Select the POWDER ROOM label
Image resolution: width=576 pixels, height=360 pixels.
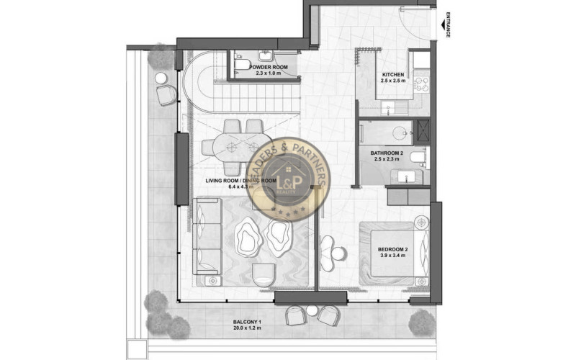(x=269, y=67)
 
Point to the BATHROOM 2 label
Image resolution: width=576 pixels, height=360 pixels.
(x=391, y=153)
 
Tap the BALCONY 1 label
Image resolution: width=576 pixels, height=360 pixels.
(x=248, y=321)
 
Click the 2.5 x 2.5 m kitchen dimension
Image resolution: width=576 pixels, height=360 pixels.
(x=393, y=82)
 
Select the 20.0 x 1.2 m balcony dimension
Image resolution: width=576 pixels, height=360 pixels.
(x=248, y=328)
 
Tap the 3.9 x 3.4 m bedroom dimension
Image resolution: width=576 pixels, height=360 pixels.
(x=393, y=256)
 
